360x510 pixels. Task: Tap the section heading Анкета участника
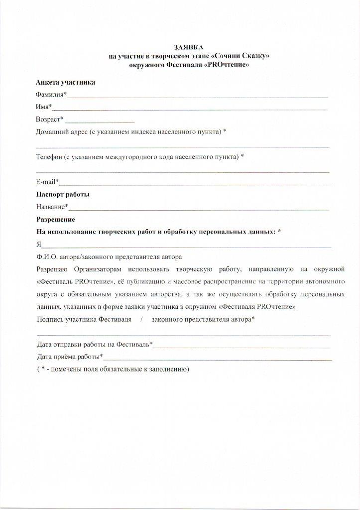65,82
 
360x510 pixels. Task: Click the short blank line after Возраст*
100,121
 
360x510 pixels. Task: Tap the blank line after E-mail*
195,184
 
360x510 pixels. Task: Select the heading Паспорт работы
63,194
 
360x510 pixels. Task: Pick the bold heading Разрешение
55,219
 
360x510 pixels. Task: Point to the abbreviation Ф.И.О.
48,257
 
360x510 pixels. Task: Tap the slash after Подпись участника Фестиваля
141,319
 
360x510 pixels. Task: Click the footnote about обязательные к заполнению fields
113,370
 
